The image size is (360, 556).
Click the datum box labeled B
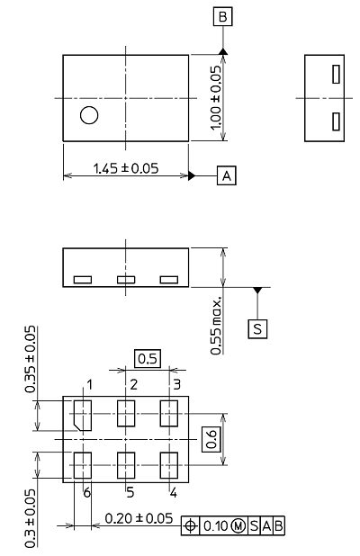click(222, 17)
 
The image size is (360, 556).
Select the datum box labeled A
click(226, 175)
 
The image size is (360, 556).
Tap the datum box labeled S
click(257, 329)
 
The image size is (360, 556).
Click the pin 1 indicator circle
click(89, 115)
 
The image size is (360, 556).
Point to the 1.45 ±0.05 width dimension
click(126, 168)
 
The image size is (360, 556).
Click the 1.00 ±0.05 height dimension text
click(216, 98)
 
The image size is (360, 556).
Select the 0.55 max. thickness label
click(216, 326)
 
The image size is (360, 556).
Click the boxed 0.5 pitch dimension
click(148, 358)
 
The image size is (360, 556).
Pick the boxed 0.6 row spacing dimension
click(211, 439)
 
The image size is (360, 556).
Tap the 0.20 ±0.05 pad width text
click(139, 518)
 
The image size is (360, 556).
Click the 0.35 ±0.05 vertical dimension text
click(31, 359)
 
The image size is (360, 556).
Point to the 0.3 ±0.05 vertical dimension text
click(31, 518)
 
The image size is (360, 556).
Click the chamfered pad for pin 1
click(83, 416)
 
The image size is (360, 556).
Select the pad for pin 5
click(126, 465)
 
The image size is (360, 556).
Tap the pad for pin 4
click(169, 465)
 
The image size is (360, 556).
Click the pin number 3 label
click(176, 384)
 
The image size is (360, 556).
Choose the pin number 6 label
click(87, 492)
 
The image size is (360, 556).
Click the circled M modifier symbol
click(238, 525)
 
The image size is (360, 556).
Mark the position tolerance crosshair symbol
click(191, 525)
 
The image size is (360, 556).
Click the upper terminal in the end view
click(337, 74)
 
